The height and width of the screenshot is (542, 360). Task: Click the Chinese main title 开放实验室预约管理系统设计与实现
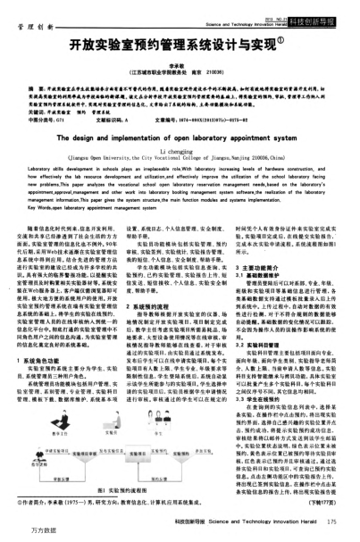pyautogui.click(x=179, y=42)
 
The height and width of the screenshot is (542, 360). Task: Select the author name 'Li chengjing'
pyautogui.click(x=179, y=155)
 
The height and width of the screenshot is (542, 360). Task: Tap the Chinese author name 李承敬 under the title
pyautogui.click(x=179, y=59)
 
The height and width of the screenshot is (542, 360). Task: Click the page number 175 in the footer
pyautogui.click(x=333, y=521)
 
